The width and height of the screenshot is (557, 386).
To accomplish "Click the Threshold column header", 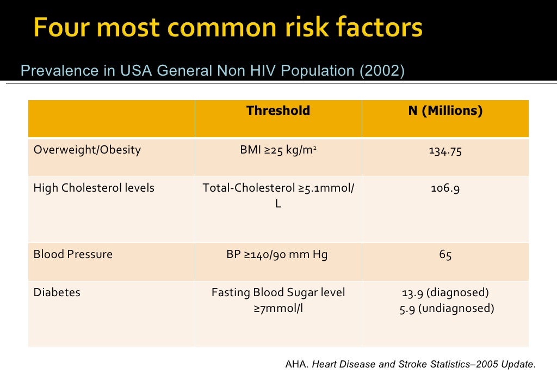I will [x=278, y=111].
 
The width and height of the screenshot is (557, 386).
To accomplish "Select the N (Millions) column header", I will [x=445, y=111].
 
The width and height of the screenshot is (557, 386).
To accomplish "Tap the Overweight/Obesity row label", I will [x=87, y=150].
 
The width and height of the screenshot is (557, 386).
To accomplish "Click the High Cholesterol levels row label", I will [x=94, y=188].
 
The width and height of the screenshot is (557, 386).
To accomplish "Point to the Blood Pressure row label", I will [x=73, y=254].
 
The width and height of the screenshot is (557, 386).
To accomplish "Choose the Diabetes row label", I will [x=57, y=292].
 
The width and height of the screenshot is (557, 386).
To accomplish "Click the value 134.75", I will [x=445, y=151].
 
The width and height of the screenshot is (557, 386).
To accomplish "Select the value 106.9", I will [x=445, y=188].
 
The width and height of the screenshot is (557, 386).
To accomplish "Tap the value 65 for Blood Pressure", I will [x=445, y=255].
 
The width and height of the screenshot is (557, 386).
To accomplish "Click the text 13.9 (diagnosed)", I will [x=445, y=293].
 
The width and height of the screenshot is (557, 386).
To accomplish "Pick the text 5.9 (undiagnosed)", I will [x=446, y=309].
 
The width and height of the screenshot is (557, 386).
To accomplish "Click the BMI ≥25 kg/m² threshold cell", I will [x=278, y=150].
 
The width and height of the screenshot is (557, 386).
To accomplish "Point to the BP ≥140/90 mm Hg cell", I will [x=277, y=254].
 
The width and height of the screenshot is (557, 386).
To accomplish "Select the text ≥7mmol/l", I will [x=278, y=309].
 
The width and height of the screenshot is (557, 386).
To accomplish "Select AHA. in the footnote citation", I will [x=297, y=364].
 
